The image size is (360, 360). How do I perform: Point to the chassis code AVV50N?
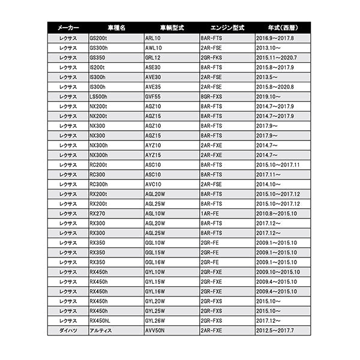click(x=155, y=330)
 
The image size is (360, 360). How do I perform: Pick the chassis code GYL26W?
click(x=155, y=320)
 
